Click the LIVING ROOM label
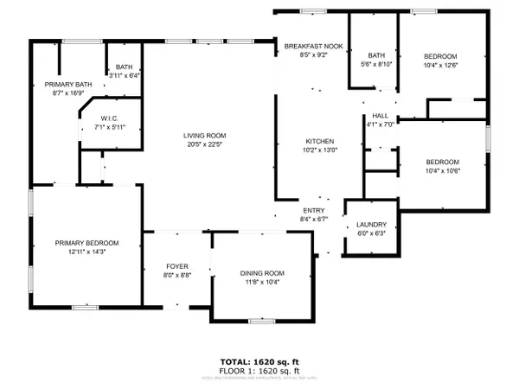pyautogui.click(x=204, y=135)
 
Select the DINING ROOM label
pyautogui.click(x=261, y=273)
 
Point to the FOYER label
pyautogui.click(x=176, y=265)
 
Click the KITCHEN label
pyautogui.click(x=319, y=141)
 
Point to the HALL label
pyautogui.click(x=380, y=115)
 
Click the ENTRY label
pyautogui.click(x=312, y=210)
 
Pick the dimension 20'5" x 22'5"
pyautogui.click(x=204, y=143)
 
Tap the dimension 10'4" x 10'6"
pyautogui.click(x=441, y=170)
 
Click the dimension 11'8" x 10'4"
pyautogui.click(x=261, y=282)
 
